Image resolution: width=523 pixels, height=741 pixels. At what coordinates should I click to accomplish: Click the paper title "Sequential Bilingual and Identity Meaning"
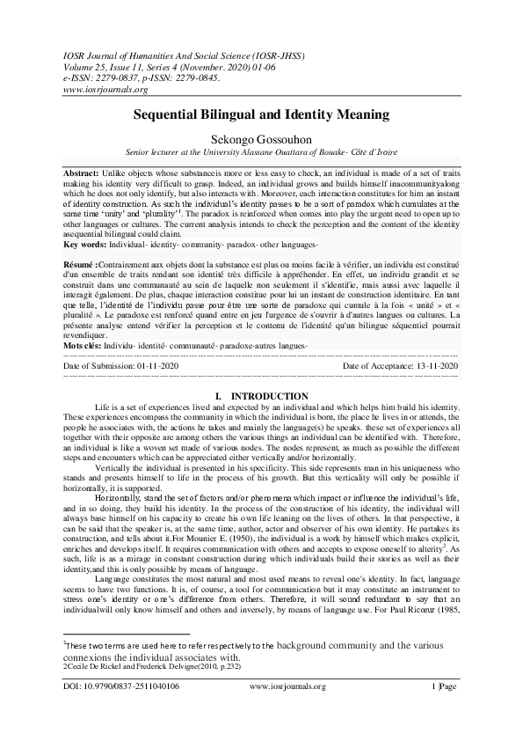coord(261,114)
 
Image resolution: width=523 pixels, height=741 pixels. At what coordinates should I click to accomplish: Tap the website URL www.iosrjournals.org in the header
coord(105,89)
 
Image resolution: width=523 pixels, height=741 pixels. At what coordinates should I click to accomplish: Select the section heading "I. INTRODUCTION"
coord(261,397)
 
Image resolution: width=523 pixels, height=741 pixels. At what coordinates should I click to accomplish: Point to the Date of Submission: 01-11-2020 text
coord(121,364)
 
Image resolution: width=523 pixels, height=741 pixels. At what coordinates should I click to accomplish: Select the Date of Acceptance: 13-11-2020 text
coord(400,364)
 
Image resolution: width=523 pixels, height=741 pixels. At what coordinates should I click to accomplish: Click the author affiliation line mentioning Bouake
coord(261,151)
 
